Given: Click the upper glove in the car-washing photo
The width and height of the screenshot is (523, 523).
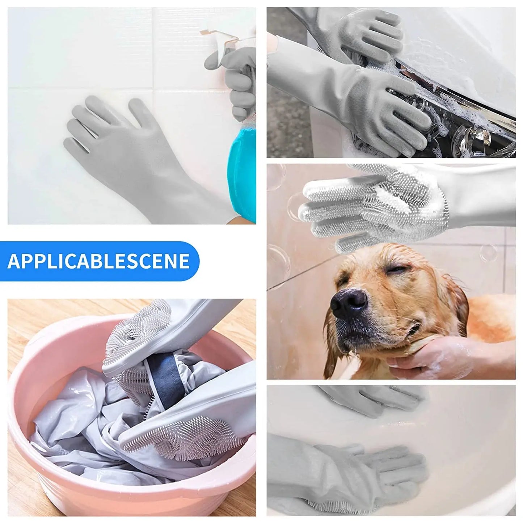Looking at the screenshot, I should (x=362, y=33).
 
